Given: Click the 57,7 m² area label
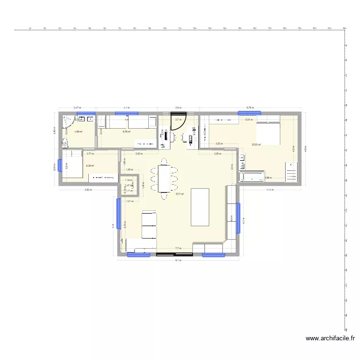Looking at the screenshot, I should click(x=180, y=194).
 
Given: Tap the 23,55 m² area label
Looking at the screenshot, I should click(x=256, y=144).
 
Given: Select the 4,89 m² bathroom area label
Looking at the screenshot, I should click(x=78, y=131).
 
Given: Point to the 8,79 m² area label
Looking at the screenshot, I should click(x=127, y=131).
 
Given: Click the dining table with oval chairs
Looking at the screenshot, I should click(x=164, y=179).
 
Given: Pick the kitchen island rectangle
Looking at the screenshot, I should click(x=201, y=207).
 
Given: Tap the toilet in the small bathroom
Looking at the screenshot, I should click(x=64, y=142).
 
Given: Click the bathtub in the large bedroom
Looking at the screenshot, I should click(x=252, y=177).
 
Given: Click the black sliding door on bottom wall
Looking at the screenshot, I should click(x=175, y=255).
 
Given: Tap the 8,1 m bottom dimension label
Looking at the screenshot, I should click(x=178, y=260).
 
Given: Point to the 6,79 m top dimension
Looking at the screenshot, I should click(x=250, y=108).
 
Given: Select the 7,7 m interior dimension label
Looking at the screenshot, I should click(x=178, y=248).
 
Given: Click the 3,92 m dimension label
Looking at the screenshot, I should click(x=88, y=190).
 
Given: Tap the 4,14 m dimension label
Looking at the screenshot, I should click(x=270, y=190).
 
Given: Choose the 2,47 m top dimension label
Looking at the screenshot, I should click(x=77, y=108).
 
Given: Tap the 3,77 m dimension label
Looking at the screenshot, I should click(x=90, y=154).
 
